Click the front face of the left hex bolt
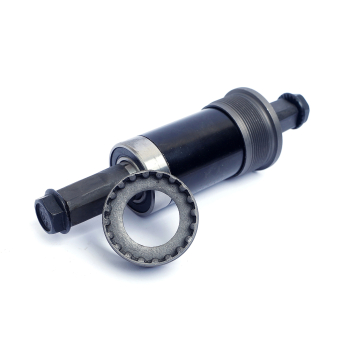47,213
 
